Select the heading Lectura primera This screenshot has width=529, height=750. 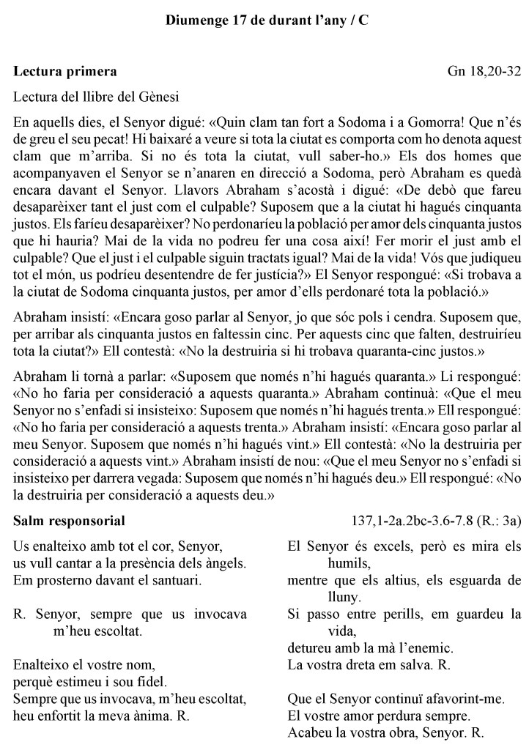tap(65, 73)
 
